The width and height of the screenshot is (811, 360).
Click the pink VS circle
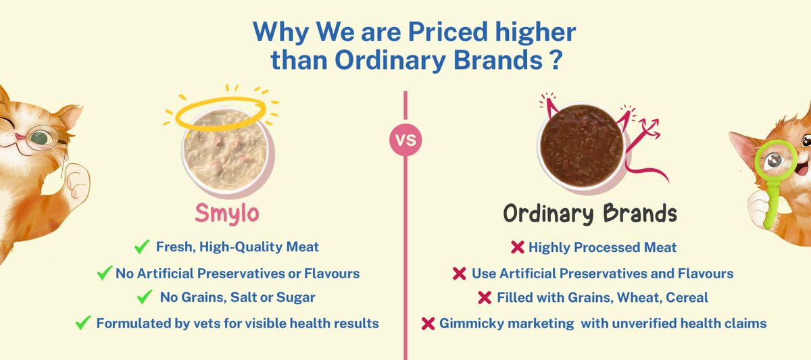405,140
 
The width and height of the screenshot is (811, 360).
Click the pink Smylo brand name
227,214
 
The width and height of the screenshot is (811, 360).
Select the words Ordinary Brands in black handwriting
590,213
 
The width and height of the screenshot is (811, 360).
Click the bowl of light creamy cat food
226,151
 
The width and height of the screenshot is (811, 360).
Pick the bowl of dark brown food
581,146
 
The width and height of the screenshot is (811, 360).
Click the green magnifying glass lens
776,160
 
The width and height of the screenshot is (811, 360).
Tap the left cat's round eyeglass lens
42,138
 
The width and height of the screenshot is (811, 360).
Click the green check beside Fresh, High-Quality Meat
141,247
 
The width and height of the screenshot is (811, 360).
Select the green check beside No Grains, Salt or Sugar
145,297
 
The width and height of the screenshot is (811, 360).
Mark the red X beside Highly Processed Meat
518,247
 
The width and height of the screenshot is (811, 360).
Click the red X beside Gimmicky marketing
428,324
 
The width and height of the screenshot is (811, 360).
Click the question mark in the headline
555,59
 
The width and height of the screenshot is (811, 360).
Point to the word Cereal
687,297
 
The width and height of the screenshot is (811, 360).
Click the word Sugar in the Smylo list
295,297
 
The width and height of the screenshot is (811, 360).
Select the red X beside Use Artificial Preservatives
459,274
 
